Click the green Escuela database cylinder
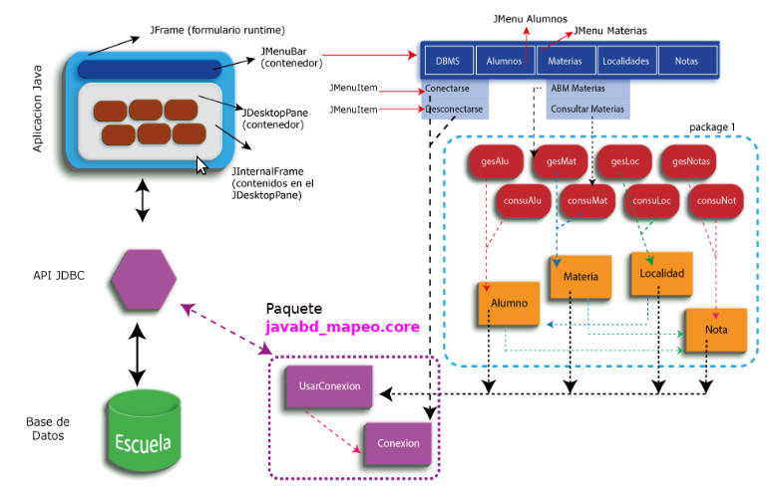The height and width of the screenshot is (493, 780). pos(145,429)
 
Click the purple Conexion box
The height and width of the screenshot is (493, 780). pos(398,443)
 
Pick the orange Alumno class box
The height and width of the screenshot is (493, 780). pos(508,304)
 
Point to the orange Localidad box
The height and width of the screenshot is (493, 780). pos(659,272)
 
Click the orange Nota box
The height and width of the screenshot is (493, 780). pos(715,330)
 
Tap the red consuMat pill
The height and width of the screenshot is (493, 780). pos(587,200)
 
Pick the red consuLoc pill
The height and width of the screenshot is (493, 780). pos(652,200)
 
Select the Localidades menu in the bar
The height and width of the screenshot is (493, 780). pos(625,60)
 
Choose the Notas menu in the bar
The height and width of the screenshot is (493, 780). pos(685,60)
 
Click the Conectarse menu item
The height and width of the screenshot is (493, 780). pos(454,90)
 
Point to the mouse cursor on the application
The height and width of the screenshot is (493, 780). pos(202,164)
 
